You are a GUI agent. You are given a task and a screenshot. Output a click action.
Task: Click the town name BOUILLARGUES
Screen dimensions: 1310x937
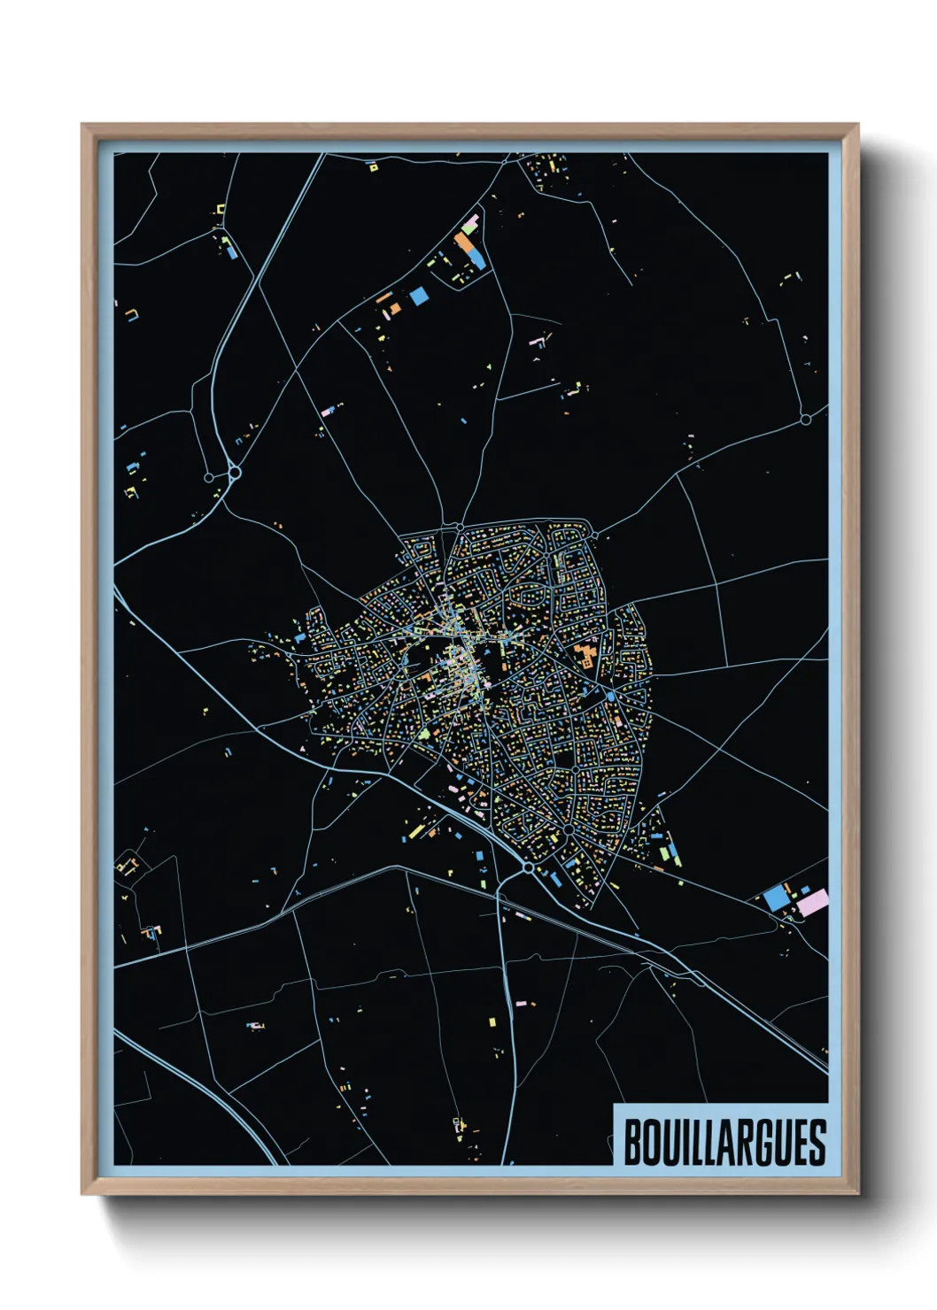[724, 1142]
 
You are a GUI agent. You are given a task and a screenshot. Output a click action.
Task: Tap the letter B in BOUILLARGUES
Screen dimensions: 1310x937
[633, 1142]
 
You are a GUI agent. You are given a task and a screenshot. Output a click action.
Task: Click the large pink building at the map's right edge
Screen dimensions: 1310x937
[813, 902]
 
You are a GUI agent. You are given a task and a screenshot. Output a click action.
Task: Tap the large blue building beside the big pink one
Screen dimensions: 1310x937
[777, 897]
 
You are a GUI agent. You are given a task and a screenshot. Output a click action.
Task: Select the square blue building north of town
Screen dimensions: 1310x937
[418, 296]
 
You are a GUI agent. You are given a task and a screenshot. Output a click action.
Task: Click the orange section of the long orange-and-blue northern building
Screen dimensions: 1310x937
[465, 243]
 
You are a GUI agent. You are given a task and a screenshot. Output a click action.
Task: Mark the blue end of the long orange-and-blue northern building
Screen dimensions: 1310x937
[476, 258]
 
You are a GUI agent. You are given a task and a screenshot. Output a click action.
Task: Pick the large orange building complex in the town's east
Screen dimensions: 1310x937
[585, 657]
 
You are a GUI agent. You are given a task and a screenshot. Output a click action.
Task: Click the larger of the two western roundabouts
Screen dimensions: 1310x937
[235, 474]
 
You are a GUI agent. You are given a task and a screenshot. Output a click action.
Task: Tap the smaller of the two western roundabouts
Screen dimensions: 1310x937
[208, 478]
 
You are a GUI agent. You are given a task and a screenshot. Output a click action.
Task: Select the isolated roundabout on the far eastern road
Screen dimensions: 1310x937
[805, 420]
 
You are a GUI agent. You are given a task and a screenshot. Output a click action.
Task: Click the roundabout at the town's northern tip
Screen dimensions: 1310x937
[460, 528]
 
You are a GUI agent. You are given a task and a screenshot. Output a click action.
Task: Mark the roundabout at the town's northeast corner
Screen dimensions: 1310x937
[595, 536]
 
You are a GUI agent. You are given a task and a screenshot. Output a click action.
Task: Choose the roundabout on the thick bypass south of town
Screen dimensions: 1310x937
[528, 869]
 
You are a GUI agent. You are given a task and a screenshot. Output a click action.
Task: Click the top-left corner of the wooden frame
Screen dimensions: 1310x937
[82, 125]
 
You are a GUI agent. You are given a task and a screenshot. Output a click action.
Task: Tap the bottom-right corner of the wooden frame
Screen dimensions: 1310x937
[858, 1194]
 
